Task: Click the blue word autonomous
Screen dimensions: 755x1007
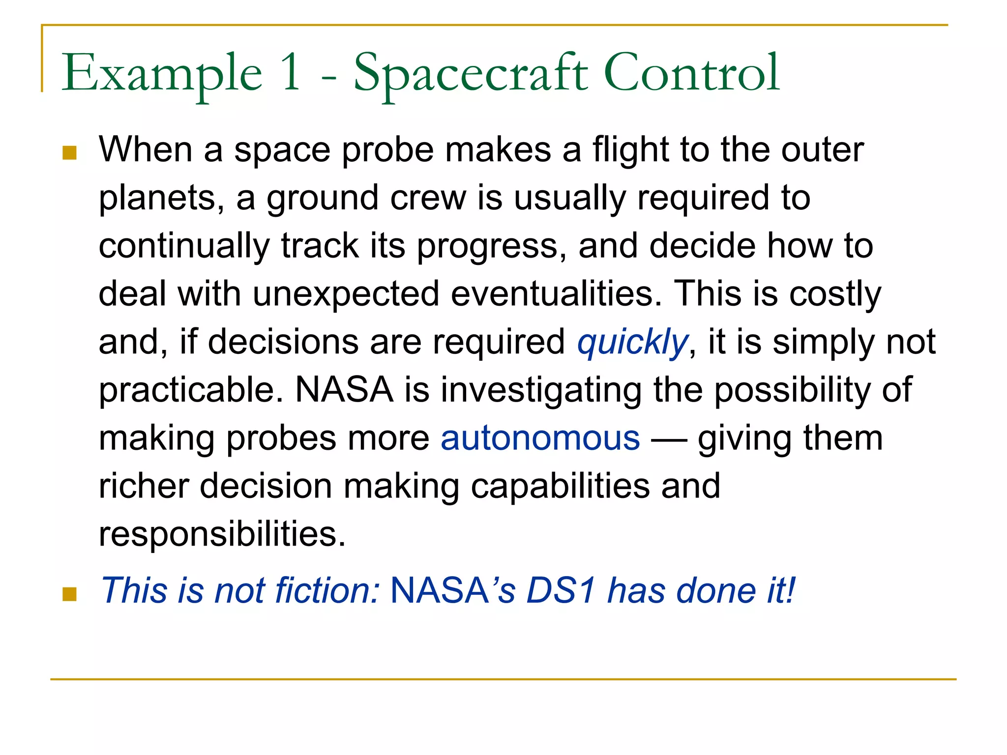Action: click(540, 438)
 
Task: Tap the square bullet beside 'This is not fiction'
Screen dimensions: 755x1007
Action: click(70, 594)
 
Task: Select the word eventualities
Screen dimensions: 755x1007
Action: click(556, 293)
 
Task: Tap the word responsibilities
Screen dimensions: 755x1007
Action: click(222, 534)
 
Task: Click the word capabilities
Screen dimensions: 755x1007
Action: click(560, 486)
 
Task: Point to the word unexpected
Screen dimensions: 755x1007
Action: click(346, 293)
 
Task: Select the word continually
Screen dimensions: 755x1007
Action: click(184, 245)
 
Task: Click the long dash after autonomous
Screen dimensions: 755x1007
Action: click(669, 439)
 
